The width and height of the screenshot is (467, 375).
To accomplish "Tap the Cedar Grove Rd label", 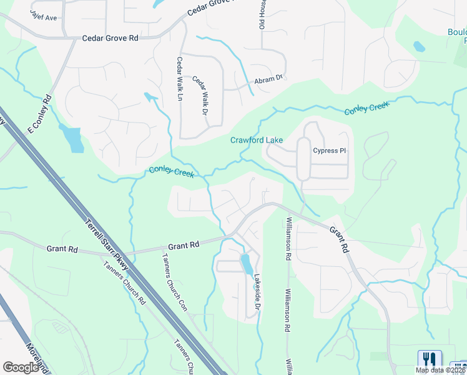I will pyautogui.click(x=111, y=38).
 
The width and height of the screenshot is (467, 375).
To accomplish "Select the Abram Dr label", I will pyautogui.click(x=268, y=80).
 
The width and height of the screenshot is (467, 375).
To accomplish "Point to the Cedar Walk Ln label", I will pyautogui.click(x=180, y=77).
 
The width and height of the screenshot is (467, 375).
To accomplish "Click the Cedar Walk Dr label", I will pyautogui.click(x=199, y=96).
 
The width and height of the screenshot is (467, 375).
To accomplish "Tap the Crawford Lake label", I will pyautogui.click(x=257, y=140).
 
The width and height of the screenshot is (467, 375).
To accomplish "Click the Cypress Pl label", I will pyautogui.click(x=329, y=151).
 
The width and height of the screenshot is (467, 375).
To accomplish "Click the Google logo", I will pyautogui.click(x=21, y=367).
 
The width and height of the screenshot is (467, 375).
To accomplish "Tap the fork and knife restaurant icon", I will pyautogui.click(x=429, y=359).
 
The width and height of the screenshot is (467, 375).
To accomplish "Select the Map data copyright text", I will pyautogui.click(x=441, y=370).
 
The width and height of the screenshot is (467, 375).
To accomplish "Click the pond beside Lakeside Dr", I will pyautogui.click(x=247, y=264).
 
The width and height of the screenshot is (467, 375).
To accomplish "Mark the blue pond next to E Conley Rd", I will pyautogui.click(x=73, y=139).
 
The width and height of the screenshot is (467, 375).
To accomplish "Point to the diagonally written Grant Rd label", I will pyautogui.click(x=338, y=239).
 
